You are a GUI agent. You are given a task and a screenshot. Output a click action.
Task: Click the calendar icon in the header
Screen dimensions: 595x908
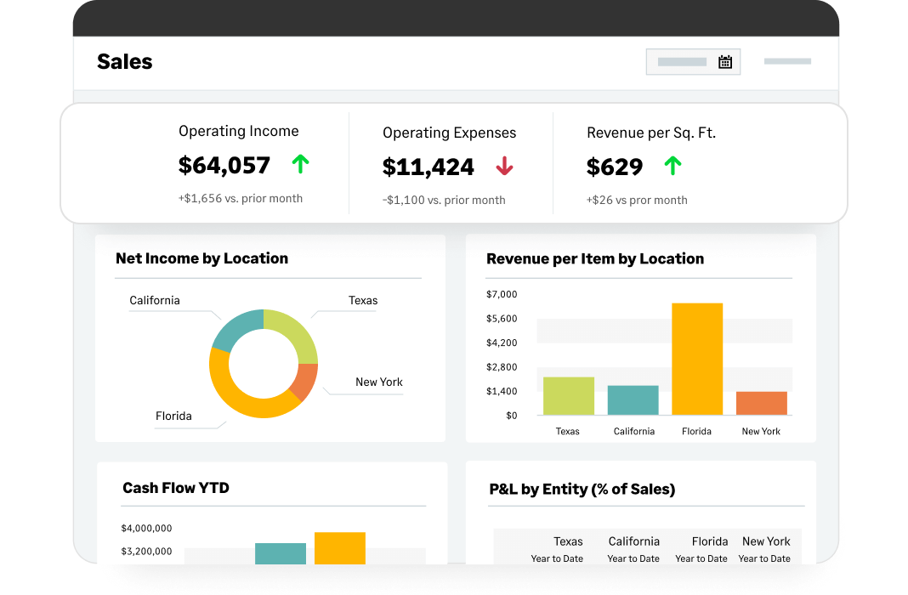pos(725,62)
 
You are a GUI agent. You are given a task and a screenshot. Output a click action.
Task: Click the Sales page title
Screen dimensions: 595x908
pos(125,61)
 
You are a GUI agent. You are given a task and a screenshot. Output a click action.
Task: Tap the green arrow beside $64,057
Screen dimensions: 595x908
pos(300,164)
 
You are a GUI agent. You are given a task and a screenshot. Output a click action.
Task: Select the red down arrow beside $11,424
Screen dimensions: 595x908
pos(504,167)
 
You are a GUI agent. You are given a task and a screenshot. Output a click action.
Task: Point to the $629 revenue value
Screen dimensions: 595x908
pos(615,167)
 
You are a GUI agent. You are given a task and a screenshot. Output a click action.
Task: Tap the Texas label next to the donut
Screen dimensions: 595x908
pos(363,301)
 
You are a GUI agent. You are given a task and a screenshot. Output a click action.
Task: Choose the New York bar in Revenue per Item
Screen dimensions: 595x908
pos(761,403)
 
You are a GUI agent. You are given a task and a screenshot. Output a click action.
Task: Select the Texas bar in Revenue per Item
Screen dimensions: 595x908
pos(569,395)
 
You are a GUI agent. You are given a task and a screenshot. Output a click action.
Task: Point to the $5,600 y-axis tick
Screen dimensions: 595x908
pos(502,319)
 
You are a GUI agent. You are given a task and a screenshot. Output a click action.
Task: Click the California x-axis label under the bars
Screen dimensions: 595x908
pos(634,431)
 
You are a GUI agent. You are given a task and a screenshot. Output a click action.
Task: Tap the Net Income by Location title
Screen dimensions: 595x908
pos(201,258)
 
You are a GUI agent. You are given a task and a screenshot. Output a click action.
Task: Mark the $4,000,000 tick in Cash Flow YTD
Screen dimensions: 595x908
pos(147,528)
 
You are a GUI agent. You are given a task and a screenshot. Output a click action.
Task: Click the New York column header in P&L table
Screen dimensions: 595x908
pos(766,541)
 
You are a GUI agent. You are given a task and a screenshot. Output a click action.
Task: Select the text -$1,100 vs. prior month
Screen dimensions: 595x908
pos(444,201)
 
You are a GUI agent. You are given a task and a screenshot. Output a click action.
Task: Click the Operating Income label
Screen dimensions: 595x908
pos(239,131)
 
